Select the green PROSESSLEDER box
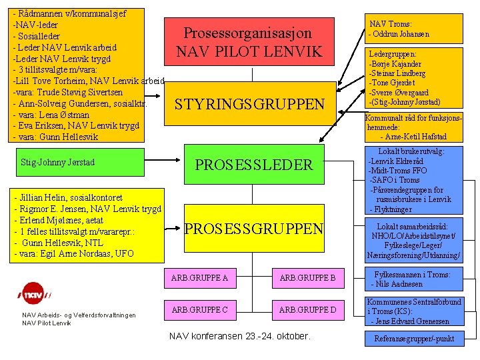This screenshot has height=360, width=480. coord(253,164)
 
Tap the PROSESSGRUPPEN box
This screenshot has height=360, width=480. coord(253,229)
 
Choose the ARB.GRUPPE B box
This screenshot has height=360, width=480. coord(307,277)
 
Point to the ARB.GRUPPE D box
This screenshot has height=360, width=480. coord(307,309)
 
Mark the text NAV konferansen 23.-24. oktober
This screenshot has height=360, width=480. coord(240,336)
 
